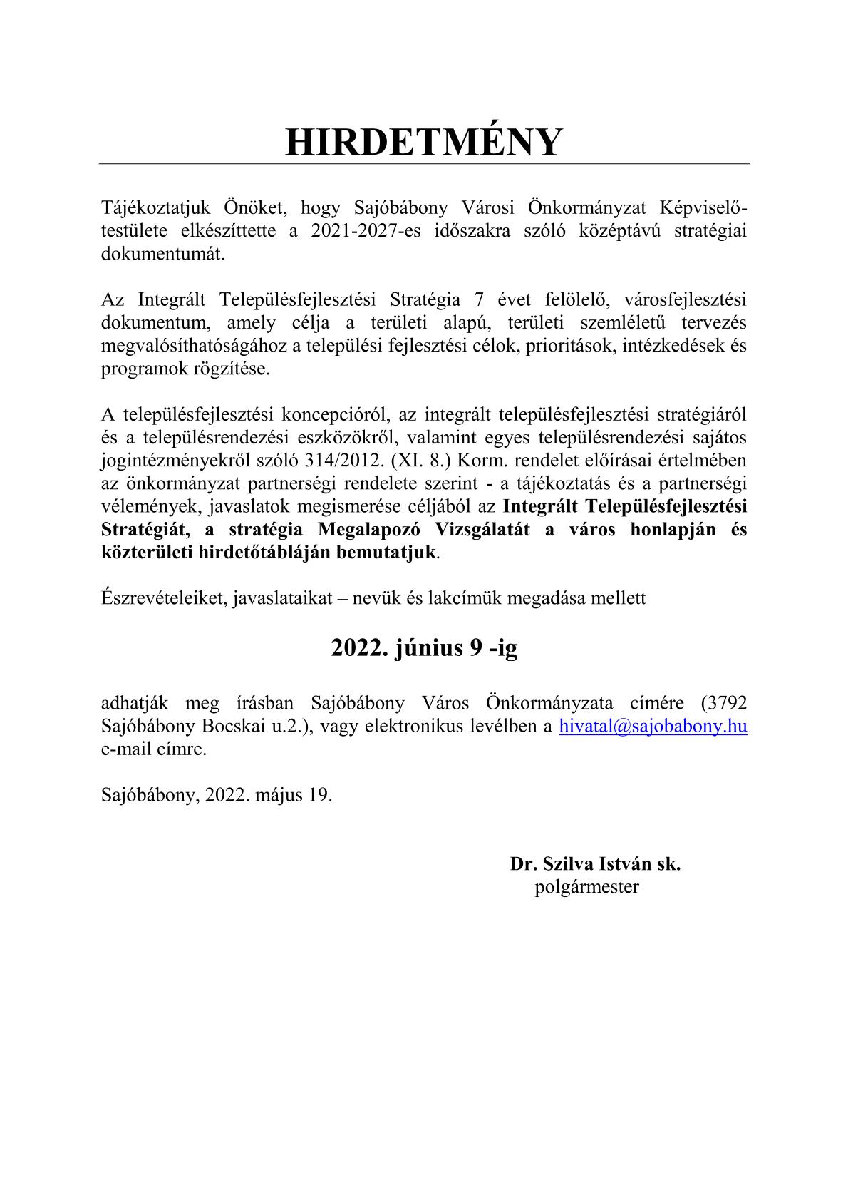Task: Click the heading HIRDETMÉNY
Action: pos(423,142)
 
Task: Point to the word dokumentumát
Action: pos(162,255)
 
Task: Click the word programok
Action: pos(138,369)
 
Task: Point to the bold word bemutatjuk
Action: pos(391,553)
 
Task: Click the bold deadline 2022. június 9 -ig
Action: pos(424,647)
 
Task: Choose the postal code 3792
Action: pos(724,703)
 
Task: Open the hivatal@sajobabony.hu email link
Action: pos(653,727)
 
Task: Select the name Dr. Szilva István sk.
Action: pos(595,864)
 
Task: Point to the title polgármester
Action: pos(586,887)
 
